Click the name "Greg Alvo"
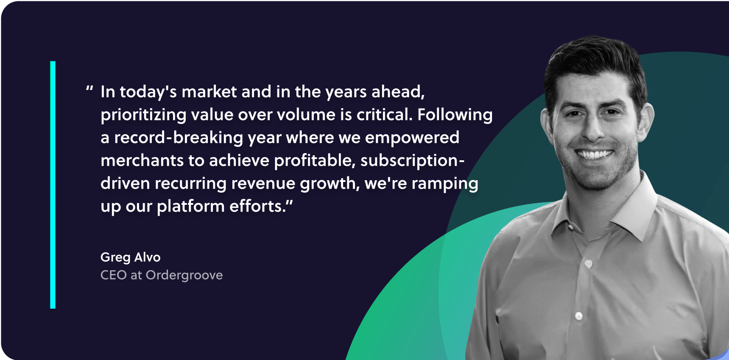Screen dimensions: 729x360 [131, 257]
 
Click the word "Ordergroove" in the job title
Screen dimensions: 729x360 [184, 276]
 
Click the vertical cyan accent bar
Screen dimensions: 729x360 [53, 185]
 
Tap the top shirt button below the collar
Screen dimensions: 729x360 [589, 264]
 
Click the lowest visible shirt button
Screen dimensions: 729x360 [578, 316]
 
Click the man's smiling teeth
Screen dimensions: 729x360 [595, 154]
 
